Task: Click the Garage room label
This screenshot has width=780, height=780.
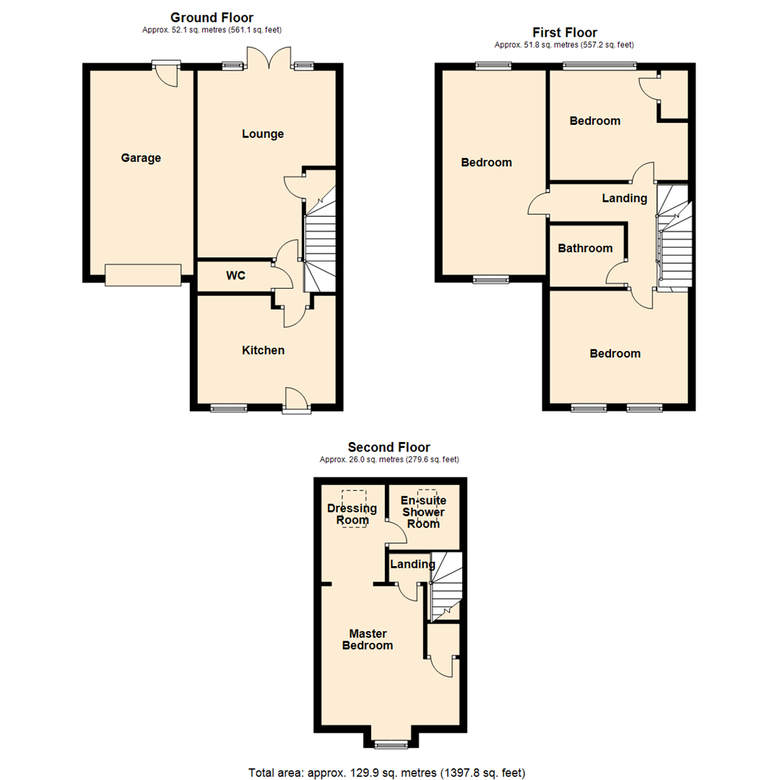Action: (x=141, y=158)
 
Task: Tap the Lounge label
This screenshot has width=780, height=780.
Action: (x=263, y=134)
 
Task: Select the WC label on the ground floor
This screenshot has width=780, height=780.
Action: (x=235, y=275)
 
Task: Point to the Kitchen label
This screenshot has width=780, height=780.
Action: (x=263, y=350)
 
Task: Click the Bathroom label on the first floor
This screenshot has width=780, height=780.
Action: (x=585, y=248)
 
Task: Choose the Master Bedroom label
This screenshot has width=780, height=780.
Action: (x=368, y=639)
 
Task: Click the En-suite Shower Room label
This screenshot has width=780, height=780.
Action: (x=423, y=512)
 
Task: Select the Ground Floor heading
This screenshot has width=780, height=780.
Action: (x=212, y=17)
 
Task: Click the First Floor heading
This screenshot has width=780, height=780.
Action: (x=564, y=32)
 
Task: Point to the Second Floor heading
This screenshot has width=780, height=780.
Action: (x=389, y=447)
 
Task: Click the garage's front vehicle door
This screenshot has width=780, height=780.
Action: (x=142, y=274)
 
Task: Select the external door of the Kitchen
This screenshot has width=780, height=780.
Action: (x=296, y=401)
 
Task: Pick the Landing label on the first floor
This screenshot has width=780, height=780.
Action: (x=625, y=198)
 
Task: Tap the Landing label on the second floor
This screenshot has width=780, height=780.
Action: (x=412, y=564)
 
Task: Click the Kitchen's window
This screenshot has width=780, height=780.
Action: (x=229, y=409)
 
